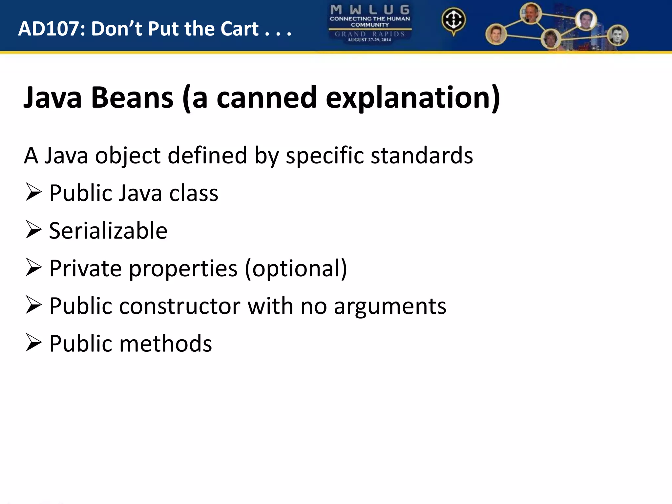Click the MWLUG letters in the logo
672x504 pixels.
pyautogui.click(x=369, y=10)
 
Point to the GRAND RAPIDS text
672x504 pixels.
pyautogui.click(x=369, y=34)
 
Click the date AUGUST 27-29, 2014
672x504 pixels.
pyautogui.click(x=369, y=40)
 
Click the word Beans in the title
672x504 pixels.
pyautogui.click(x=132, y=97)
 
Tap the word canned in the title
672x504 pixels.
pyautogui.click(x=266, y=97)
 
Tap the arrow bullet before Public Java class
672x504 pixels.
pyautogui.click(x=33, y=192)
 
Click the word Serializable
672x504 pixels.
pyautogui.click(x=108, y=230)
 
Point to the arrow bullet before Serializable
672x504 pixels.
pyautogui.click(x=33, y=230)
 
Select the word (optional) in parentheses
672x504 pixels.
pyautogui.click(x=296, y=268)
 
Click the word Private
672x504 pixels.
pyautogui.click(x=85, y=268)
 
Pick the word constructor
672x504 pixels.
pyautogui.click(x=180, y=306)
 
